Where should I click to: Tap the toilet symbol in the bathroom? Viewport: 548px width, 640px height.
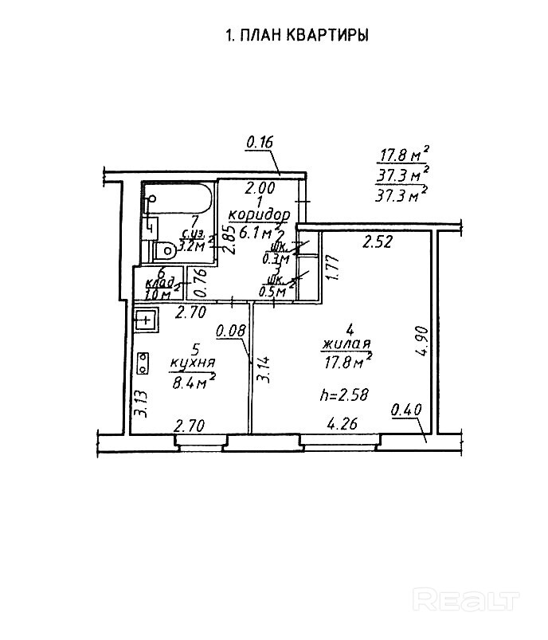pos(165,250)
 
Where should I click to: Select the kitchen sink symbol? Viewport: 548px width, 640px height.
pos(147,320)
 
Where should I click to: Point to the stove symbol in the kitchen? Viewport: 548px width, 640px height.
pos(143,363)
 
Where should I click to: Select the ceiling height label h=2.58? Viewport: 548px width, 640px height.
pos(342,395)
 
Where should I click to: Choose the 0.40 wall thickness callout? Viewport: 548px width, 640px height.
pos(406,410)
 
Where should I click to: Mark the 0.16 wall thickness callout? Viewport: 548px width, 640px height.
pos(260,142)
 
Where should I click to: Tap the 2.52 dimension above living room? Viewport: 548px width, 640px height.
pos(378,242)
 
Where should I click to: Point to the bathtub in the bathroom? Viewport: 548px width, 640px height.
pos(178,199)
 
